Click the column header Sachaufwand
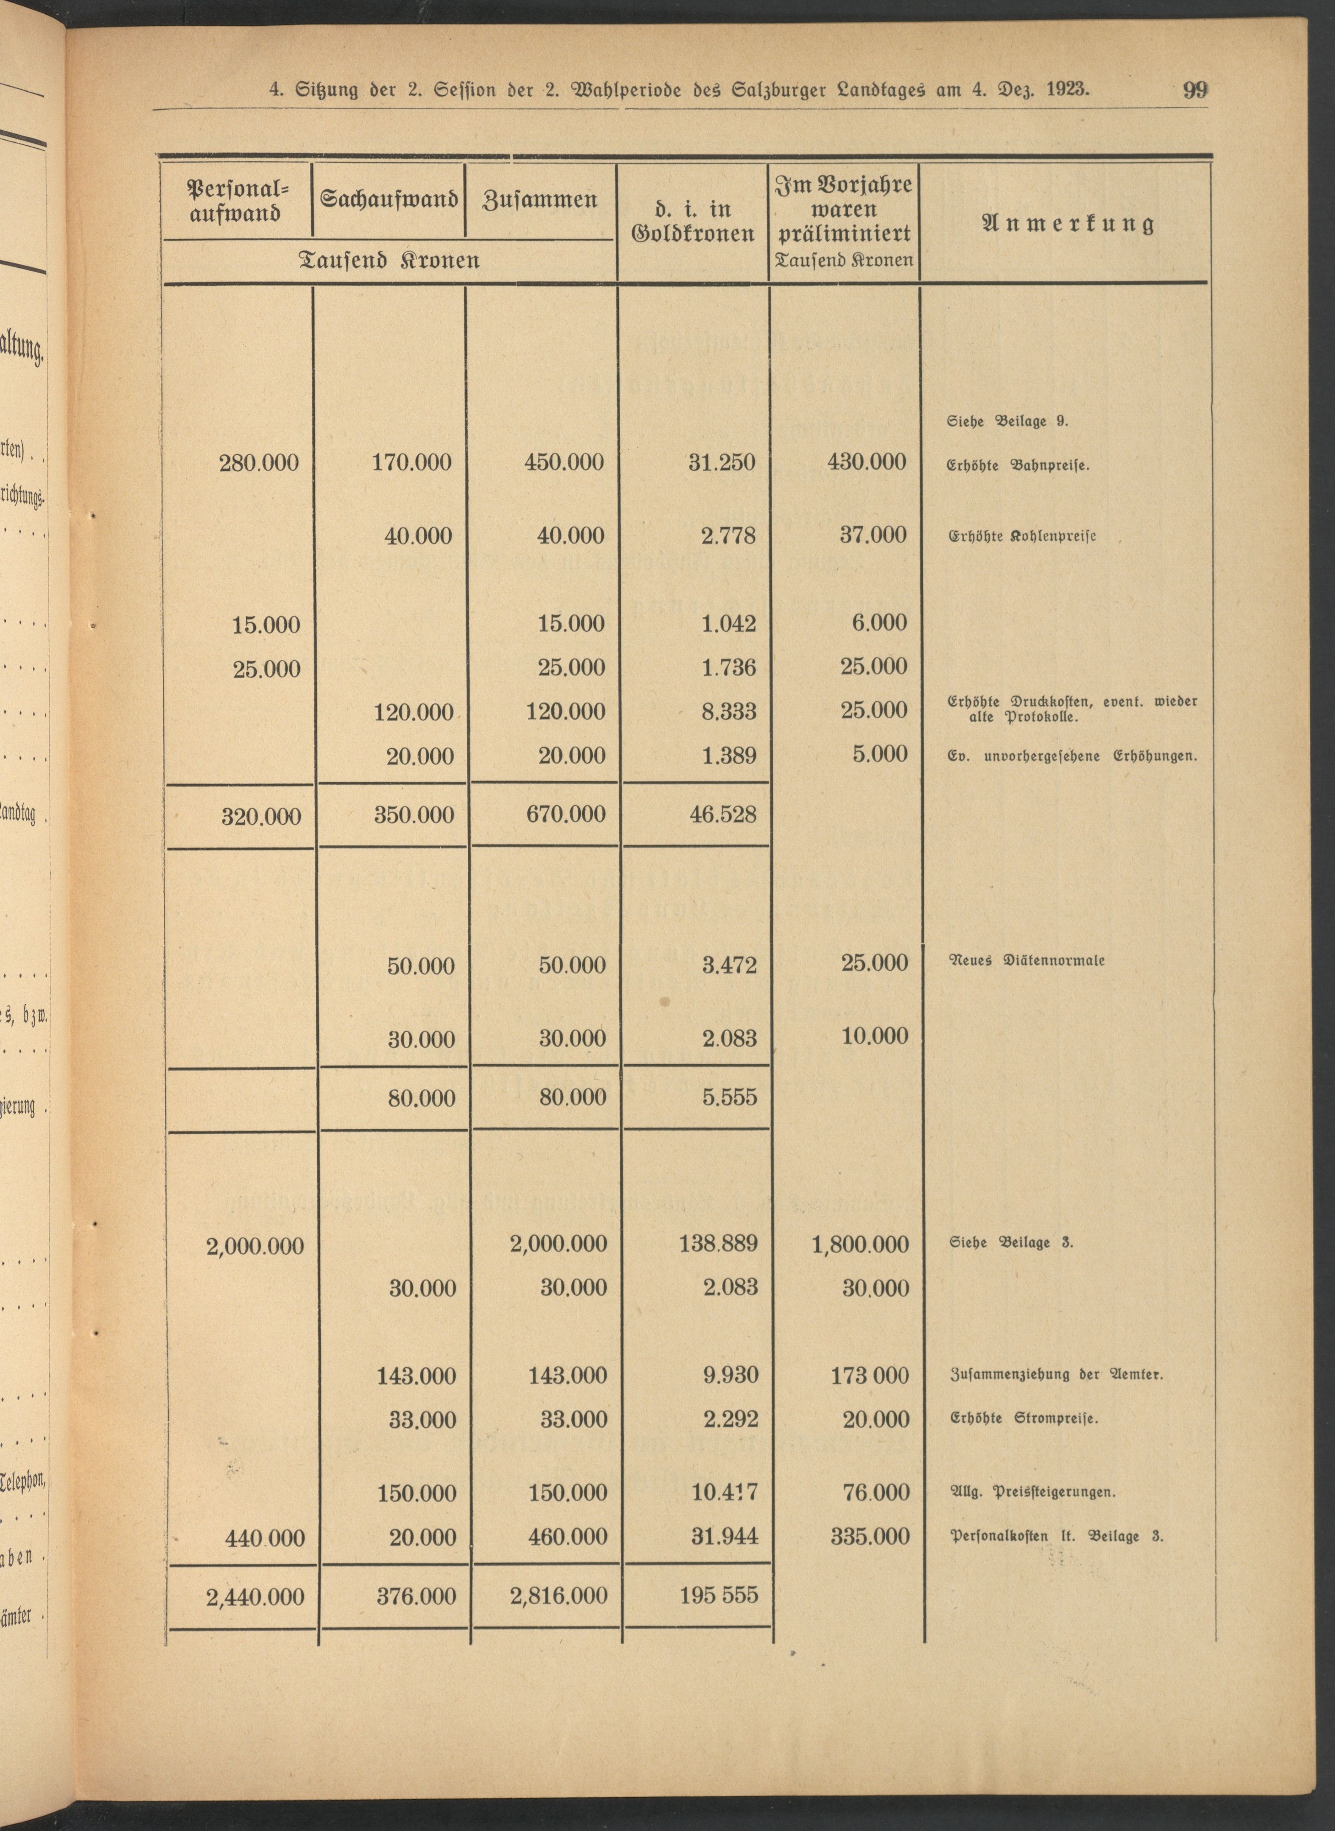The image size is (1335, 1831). pos(389,199)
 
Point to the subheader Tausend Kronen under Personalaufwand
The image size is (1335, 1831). pos(389,260)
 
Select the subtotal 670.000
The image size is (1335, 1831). pos(565,814)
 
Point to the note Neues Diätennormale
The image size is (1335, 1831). pos(1026,961)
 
